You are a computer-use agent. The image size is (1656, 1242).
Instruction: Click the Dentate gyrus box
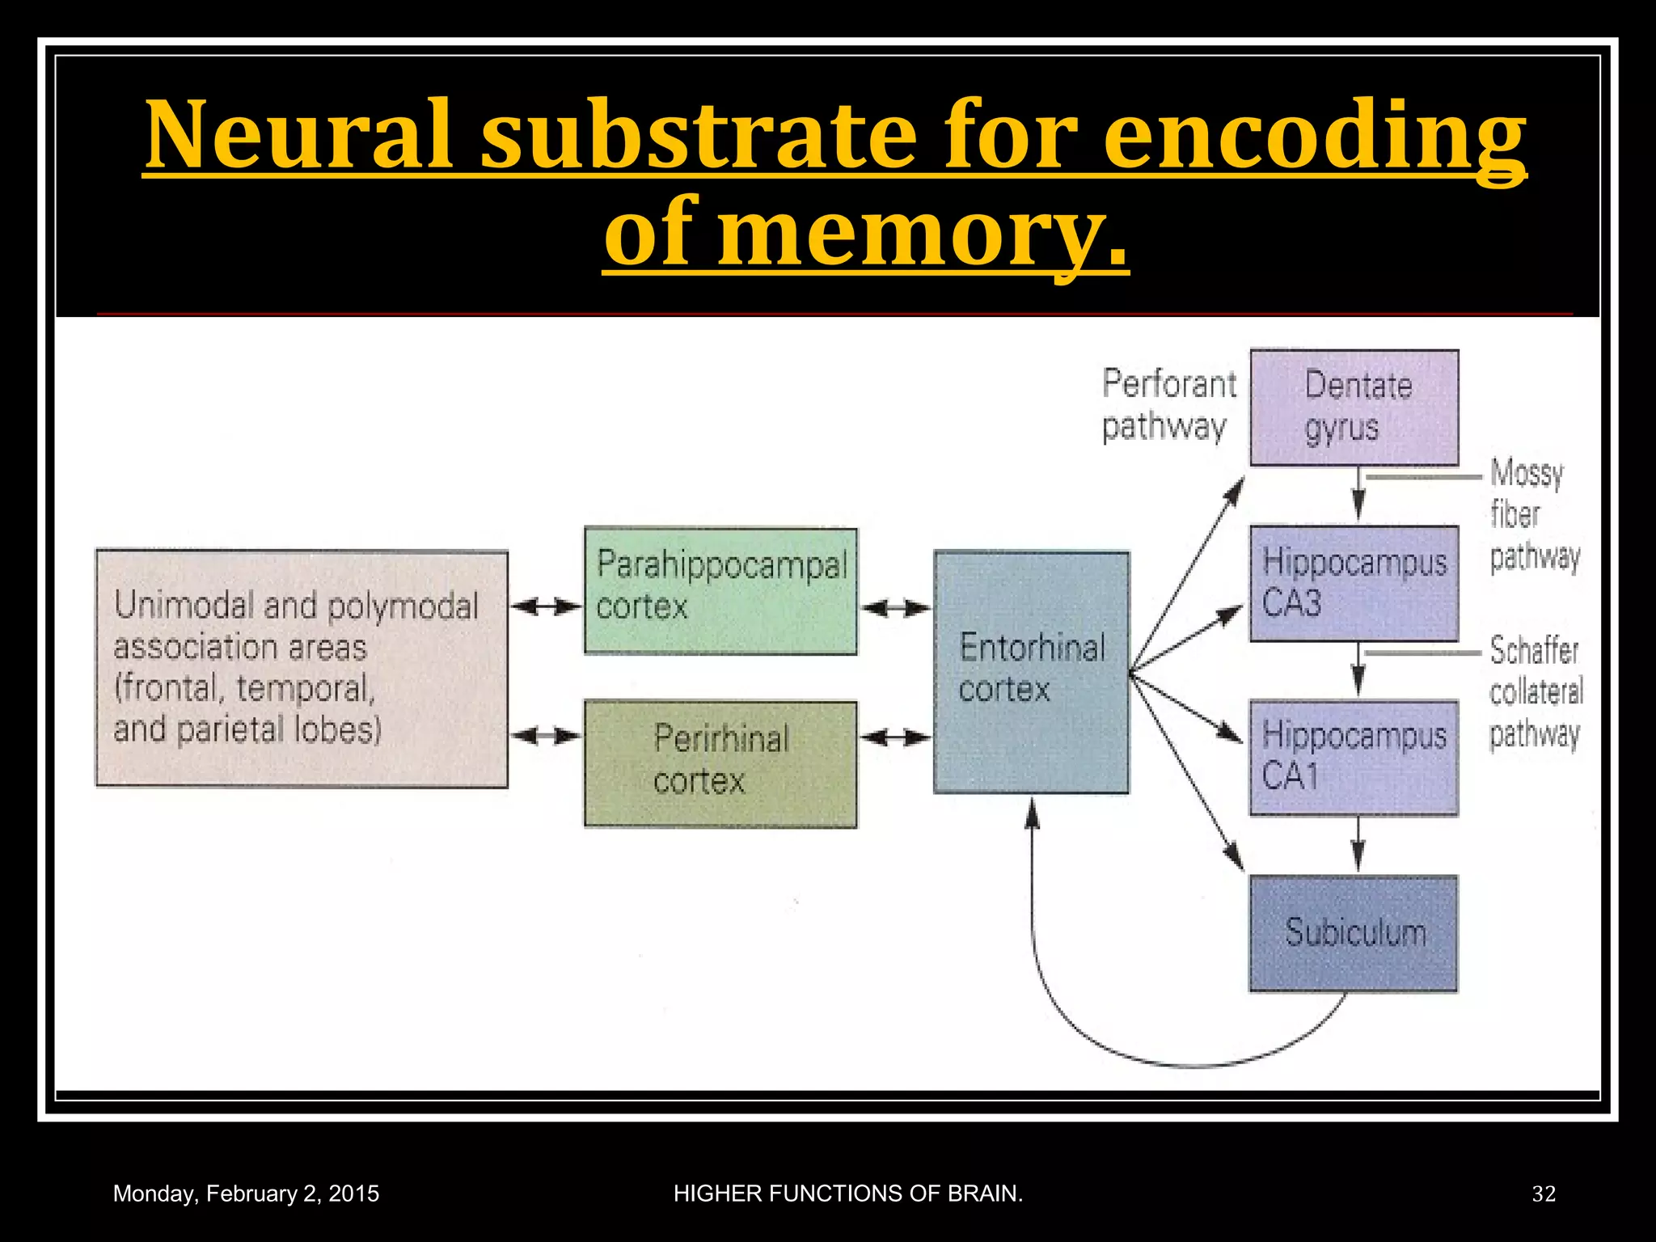click(x=1354, y=407)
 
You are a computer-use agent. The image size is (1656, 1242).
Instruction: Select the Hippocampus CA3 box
click(x=1354, y=583)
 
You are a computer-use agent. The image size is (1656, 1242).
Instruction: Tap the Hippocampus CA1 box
click(x=1354, y=758)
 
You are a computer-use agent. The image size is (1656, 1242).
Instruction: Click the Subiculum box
click(x=1354, y=933)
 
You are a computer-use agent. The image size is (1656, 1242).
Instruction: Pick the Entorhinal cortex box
click(x=1031, y=671)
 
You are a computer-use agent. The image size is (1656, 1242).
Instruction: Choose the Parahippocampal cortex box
click(x=720, y=590)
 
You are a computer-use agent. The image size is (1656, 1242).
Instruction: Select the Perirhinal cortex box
click(x=720, y=763)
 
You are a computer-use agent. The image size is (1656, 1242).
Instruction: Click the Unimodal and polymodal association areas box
click(x=302, y=668)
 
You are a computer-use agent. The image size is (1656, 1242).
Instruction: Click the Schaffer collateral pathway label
click(x=1534, y=692)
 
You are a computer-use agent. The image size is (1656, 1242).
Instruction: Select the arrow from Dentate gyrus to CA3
click(x=1358, y=494)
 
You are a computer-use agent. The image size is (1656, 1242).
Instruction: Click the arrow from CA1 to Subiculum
click(x=1358, y=844)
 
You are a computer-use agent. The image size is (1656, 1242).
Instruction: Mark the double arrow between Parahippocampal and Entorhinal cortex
click(x=895, y=608)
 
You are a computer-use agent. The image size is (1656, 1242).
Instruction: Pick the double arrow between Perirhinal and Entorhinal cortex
click(x=895, y=737)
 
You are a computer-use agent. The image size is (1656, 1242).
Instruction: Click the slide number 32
click(x=1543, y=1193)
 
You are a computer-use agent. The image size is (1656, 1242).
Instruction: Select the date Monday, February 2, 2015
click(x=246, y=1193)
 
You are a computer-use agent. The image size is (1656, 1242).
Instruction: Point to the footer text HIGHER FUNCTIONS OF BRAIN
click(x=848, y=1193)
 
